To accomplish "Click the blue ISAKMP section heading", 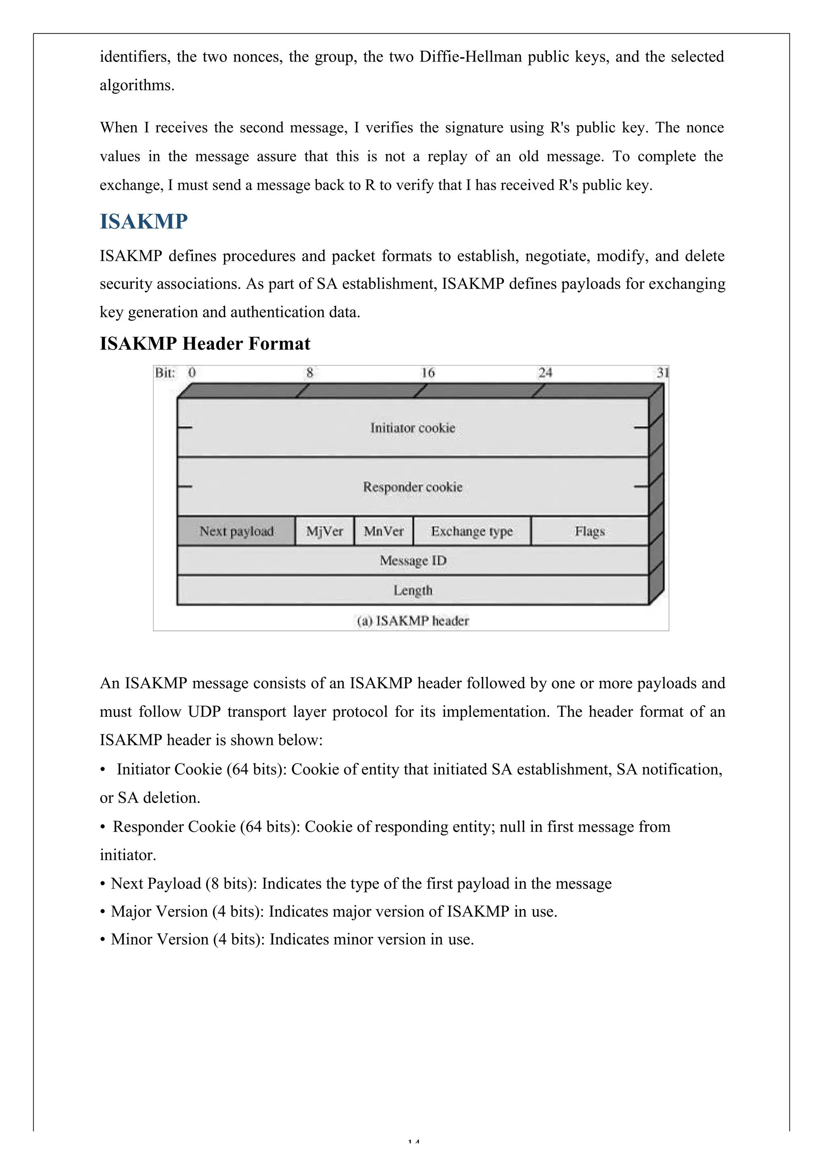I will (x=144, y=222).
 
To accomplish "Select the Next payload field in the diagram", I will (x=237, y=531).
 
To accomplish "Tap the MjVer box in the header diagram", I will (x=324, y=531).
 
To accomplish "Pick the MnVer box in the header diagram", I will (x=384, y=531).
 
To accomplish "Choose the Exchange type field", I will (x=472, y=531).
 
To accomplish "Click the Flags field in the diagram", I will (x=590, y=531).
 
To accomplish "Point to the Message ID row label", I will (x=413, y=560).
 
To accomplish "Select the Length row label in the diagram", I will (x=413, y=590).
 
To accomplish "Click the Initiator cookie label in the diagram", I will (x=413, y=428).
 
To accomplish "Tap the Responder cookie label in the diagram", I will (x=413, y=487).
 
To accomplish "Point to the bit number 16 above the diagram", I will (x=428, y=373).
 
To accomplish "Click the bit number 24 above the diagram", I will (x=545, y=373).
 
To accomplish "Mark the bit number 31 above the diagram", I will (x=663, y=373).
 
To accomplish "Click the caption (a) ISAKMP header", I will (x=413, y=620).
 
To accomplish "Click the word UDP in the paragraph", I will (x=204, y=712).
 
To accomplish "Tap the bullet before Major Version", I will (x=102, y=912).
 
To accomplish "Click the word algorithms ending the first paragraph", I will (x=137, y=85).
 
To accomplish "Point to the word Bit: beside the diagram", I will (x=165, y=373).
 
